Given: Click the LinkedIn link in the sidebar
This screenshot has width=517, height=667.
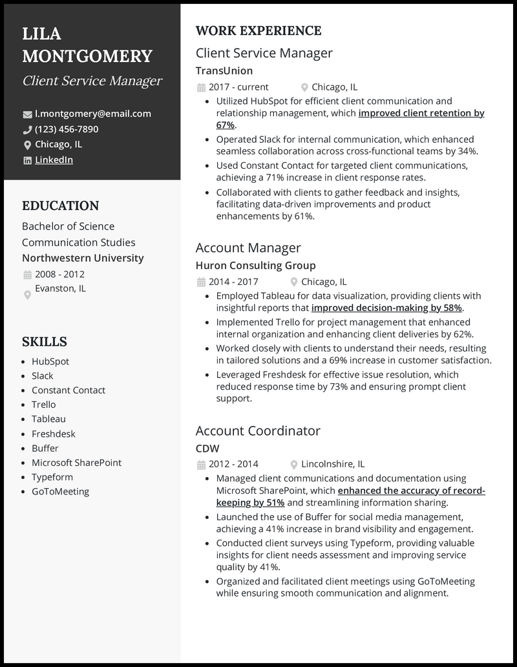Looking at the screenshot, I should pyautogui.click(x=54, y=160).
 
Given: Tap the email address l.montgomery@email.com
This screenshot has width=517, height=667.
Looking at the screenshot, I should pyautogui.click(x=92, y=114).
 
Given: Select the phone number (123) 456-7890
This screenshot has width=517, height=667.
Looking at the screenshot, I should pyautogui.click(x=67, y=129).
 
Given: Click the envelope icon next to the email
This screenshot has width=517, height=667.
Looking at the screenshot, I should pyautogui.click(x=27, y=114).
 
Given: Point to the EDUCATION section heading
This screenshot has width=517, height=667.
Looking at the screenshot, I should pyautogui.click(x=61, y=206).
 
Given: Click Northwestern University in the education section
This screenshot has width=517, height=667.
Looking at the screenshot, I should pyautogui.click(x=83, y=258).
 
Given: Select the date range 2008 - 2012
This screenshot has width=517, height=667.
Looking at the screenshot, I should pyautogui.click(x=59, y=274).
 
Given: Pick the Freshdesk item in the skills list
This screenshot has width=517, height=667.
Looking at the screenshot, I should pyautogui.click(x=54, y=434).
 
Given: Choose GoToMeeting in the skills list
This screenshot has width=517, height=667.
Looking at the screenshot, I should pyautogui.click(x=60, y=491).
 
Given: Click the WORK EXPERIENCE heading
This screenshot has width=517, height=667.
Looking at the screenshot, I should pyautogui.click(x=258, y=30).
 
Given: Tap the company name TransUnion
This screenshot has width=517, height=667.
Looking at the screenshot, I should pyautogui.click(x=224, y=70).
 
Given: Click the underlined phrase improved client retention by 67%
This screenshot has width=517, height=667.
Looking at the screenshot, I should pyautogui.click(x=421, y=113).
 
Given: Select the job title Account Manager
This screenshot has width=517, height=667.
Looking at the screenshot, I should pyautogui.click(x=248, y=248).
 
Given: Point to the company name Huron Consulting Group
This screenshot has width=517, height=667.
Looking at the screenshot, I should pyautogui.click(x=255, y=265).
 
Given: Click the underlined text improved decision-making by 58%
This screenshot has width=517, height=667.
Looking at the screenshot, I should pyautogui.click(x=386, y=308).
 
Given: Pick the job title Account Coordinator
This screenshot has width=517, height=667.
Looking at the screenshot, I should pyautogui.click(x=258, y=430).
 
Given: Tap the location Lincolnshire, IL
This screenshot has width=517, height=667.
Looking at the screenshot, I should pyautogui.click(x=333, y=464).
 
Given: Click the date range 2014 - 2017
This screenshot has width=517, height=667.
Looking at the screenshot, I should pyautogui.click(x=233, y=282).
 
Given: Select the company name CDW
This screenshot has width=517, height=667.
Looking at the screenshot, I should pyautogui.click(x=207, y=448).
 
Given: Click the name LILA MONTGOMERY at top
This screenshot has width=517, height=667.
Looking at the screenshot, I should pyautogui.click(x=87, y=45).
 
